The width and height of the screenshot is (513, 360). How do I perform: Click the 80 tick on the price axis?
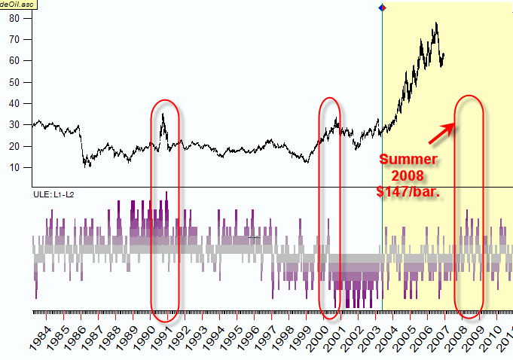pyautogui.click(x=14, y=18)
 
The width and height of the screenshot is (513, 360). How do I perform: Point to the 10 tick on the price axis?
pyautogui.click(x=14, y=167)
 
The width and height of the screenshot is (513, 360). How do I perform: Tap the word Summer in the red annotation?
pyautogui.click(x=407, y=160)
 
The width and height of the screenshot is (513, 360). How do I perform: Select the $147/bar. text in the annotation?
pyautogui.click(x=407, y=191)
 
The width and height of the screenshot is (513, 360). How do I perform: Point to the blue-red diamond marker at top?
pyautogui.click(x=382, y=8)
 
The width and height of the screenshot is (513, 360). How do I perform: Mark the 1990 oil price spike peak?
pyautogui.click(x=162, y=114)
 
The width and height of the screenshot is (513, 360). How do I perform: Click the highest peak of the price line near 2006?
pyautogui.click(x=435, y=23)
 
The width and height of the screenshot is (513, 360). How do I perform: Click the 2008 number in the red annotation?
pyautogui.click(x=407, y=175)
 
